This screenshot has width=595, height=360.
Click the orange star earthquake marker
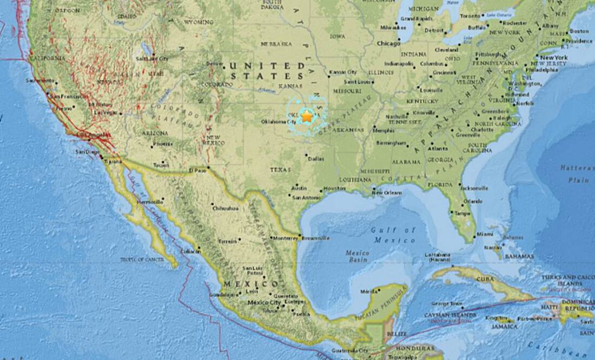tap(307, 115)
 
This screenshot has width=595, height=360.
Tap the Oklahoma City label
tap(279, 122)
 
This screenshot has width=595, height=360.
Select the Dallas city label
tap(316, 158)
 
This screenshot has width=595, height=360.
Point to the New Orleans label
tap(387, 192)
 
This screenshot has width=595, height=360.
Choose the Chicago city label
tap(388, 43)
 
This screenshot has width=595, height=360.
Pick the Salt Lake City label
tap(152, 58)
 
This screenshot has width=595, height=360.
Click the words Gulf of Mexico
tap(394, 235)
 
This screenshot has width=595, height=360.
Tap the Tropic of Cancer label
tap(142, 259)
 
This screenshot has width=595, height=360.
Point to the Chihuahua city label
tap(226, 208)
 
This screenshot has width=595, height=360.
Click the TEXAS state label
tap(280, 170)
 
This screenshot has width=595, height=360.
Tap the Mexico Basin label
tap(357, 256)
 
